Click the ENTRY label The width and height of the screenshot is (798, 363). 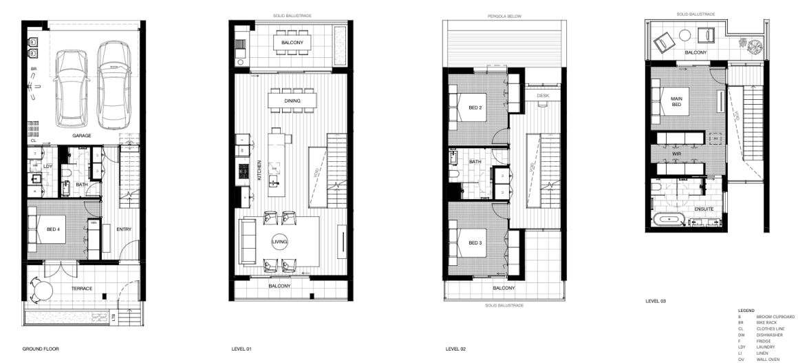(x=124, y=229)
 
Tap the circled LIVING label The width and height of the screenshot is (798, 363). (x=279, y=242)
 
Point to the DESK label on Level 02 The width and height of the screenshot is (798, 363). (x=543, y=96)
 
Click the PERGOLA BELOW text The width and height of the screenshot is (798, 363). (x=504, y=14)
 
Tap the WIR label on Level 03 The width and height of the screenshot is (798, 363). (x=676, y=145)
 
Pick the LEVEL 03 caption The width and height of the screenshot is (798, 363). (x=656, y=301)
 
